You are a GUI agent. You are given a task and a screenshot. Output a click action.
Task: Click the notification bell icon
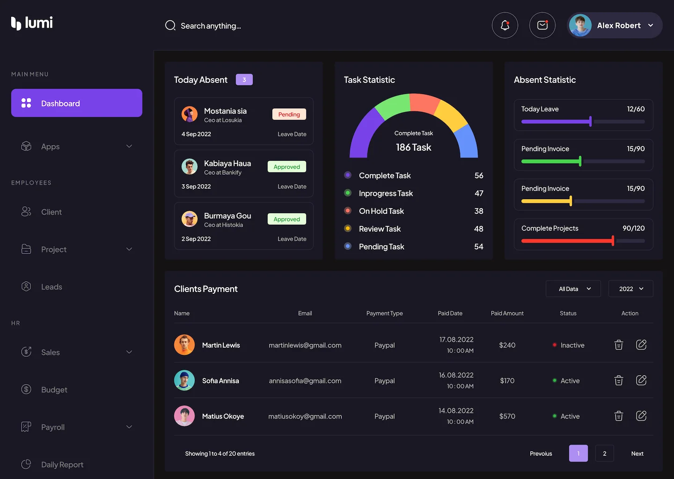point(505,25)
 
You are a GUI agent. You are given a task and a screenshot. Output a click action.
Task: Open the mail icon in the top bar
point(542,25)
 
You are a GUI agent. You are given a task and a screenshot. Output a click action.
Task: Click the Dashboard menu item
point(77,103)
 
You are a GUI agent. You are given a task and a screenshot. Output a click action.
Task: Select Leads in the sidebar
point(51,287)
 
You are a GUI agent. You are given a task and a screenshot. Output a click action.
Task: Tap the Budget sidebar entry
point(54,390)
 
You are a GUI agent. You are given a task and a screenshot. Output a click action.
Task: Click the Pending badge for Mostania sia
point(289,115)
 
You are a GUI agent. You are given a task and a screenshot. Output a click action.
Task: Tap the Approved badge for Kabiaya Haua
point(286,167)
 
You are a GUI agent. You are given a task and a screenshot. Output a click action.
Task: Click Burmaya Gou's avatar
point(190,218)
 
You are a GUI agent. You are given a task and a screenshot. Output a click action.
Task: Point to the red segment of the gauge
point(424,103)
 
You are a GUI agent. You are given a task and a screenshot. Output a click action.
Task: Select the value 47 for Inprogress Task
point(478,193)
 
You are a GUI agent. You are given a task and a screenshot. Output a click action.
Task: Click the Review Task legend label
point(380,229)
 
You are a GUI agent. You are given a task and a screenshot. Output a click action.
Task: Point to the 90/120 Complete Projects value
point(633,228)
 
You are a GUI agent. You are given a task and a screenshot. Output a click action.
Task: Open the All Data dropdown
point(573,289)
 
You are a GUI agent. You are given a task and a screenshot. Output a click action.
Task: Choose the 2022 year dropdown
point(630,289)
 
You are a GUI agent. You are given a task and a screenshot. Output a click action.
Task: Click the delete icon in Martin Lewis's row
point(618,345)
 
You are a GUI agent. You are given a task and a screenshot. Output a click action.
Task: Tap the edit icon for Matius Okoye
point(641,416)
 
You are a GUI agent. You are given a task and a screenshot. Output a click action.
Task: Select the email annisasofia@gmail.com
point(305,381)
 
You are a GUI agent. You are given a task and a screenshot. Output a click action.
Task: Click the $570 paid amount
point(507,416)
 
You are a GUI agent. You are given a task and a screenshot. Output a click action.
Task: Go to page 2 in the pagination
point(604,453)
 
